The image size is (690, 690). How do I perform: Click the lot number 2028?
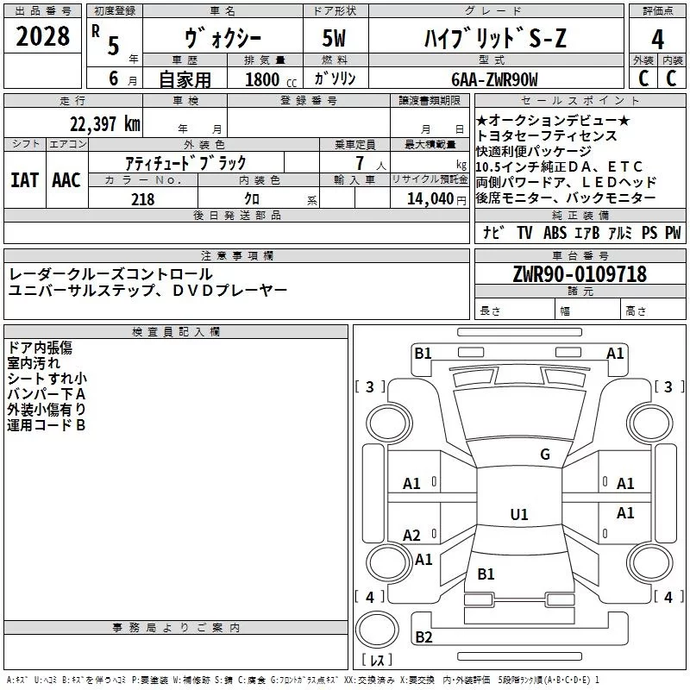43,37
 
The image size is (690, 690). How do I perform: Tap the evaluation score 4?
658,39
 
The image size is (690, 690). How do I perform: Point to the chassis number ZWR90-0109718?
579,275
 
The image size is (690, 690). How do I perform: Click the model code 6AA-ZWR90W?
495,79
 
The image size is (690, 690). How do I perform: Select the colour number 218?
143,199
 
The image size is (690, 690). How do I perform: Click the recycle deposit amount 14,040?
429,199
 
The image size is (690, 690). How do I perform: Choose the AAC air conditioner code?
66,180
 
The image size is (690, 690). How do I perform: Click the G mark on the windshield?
544,455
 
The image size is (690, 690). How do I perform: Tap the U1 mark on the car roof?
519,515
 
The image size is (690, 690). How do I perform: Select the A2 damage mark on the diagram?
412,535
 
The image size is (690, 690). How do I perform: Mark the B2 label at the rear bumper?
423,637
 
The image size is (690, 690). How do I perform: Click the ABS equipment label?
555,233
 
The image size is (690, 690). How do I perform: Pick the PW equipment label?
672,233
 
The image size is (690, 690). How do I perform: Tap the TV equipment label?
524,233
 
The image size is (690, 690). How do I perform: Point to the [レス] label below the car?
376,660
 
